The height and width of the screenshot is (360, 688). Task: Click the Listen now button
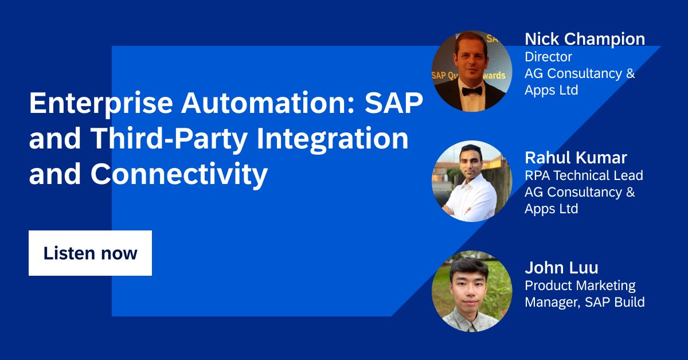90,253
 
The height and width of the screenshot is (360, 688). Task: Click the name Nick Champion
585,39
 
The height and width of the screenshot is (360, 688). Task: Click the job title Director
548,57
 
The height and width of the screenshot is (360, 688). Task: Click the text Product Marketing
580,285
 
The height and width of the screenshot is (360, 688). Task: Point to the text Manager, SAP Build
585,302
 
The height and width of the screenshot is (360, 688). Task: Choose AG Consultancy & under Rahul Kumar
580,192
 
